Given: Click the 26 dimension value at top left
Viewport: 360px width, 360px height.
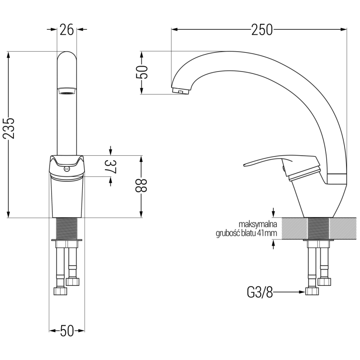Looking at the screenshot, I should pos(67,30).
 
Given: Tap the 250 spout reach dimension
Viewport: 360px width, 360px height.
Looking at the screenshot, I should pos(262,30).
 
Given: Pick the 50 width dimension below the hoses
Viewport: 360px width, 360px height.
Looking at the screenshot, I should pos(67,331).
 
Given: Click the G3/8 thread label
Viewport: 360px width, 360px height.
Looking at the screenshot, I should pos(260,293).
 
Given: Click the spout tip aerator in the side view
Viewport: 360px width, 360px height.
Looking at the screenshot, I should pos(180,91).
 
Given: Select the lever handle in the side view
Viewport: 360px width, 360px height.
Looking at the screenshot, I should pos(265,162).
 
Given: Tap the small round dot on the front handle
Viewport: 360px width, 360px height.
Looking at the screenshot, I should pos(67,169).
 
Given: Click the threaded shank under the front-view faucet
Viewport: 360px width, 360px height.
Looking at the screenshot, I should pos(67,229).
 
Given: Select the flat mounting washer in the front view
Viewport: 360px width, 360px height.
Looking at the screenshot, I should pos(67,242).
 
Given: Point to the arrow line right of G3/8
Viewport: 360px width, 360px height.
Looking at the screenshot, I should pos(288,292).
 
